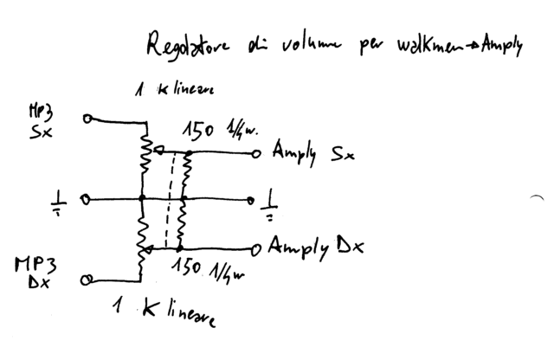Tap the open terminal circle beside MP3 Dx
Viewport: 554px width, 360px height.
[x=86, y=280]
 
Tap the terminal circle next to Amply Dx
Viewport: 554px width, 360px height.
[x=255, y=250]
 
